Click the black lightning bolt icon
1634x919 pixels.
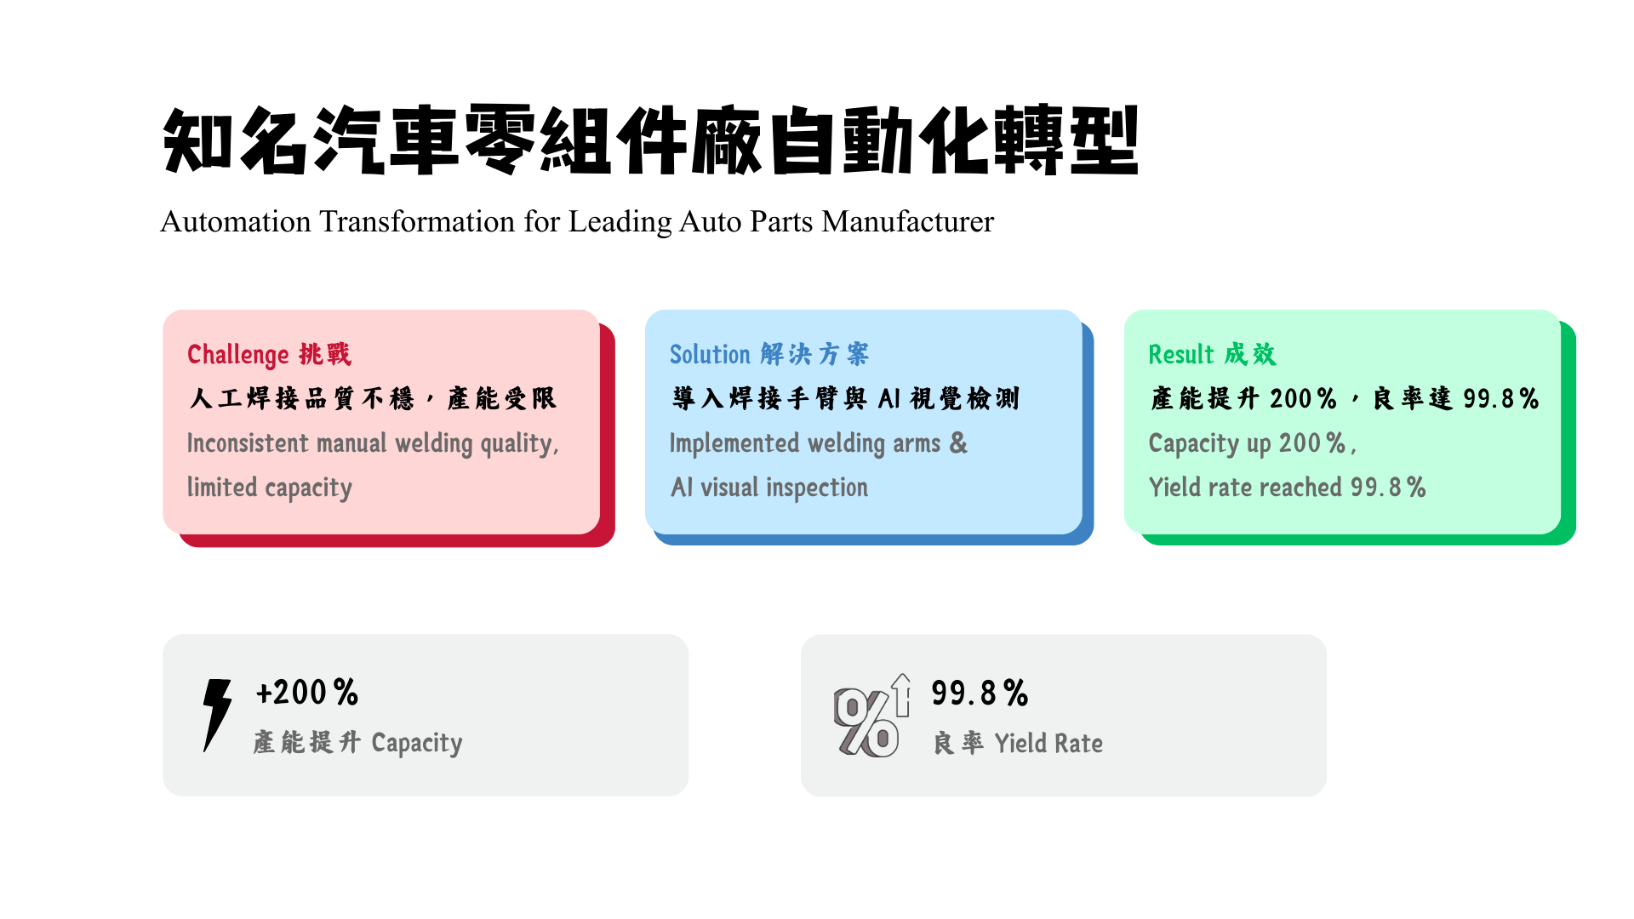pyautogui.click(x=217, y=715)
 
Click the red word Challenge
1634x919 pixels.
pyautogui.click(x=238, y=354)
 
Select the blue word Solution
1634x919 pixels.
pyautogui.click(x=710, y=354)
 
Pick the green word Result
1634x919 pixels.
pyautogui.click(x=1180, y=354)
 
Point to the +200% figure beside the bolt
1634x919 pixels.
pyautogui.click(x=307, y=693)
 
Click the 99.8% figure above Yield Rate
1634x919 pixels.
pyautogui.click(x=980, y=693)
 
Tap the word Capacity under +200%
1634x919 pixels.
pyautogui.click(x=417, y=743)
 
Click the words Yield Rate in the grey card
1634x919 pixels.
pyautogui.click(x=1048, y=743)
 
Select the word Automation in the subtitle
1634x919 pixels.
pyautogui.click(x=236, y=222)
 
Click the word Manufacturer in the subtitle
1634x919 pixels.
pyautogui.click(x=908, y=222)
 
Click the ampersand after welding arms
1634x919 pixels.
pyautogui.click(x=958, y=443)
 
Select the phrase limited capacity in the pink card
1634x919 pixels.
pyautogui.click(x=270, y=488)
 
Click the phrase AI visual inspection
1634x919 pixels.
pyautogui.click(x=769, y=488)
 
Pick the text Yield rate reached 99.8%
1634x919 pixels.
pyautogui.click(x=1287, y=488)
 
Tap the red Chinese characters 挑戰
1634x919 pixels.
pyautogui.click(x=325, y=354)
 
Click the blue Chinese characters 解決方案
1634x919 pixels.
pyautogui.click(x=814, y=354)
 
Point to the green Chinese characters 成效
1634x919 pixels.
pyautogui.click(x=1250, y=354)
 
